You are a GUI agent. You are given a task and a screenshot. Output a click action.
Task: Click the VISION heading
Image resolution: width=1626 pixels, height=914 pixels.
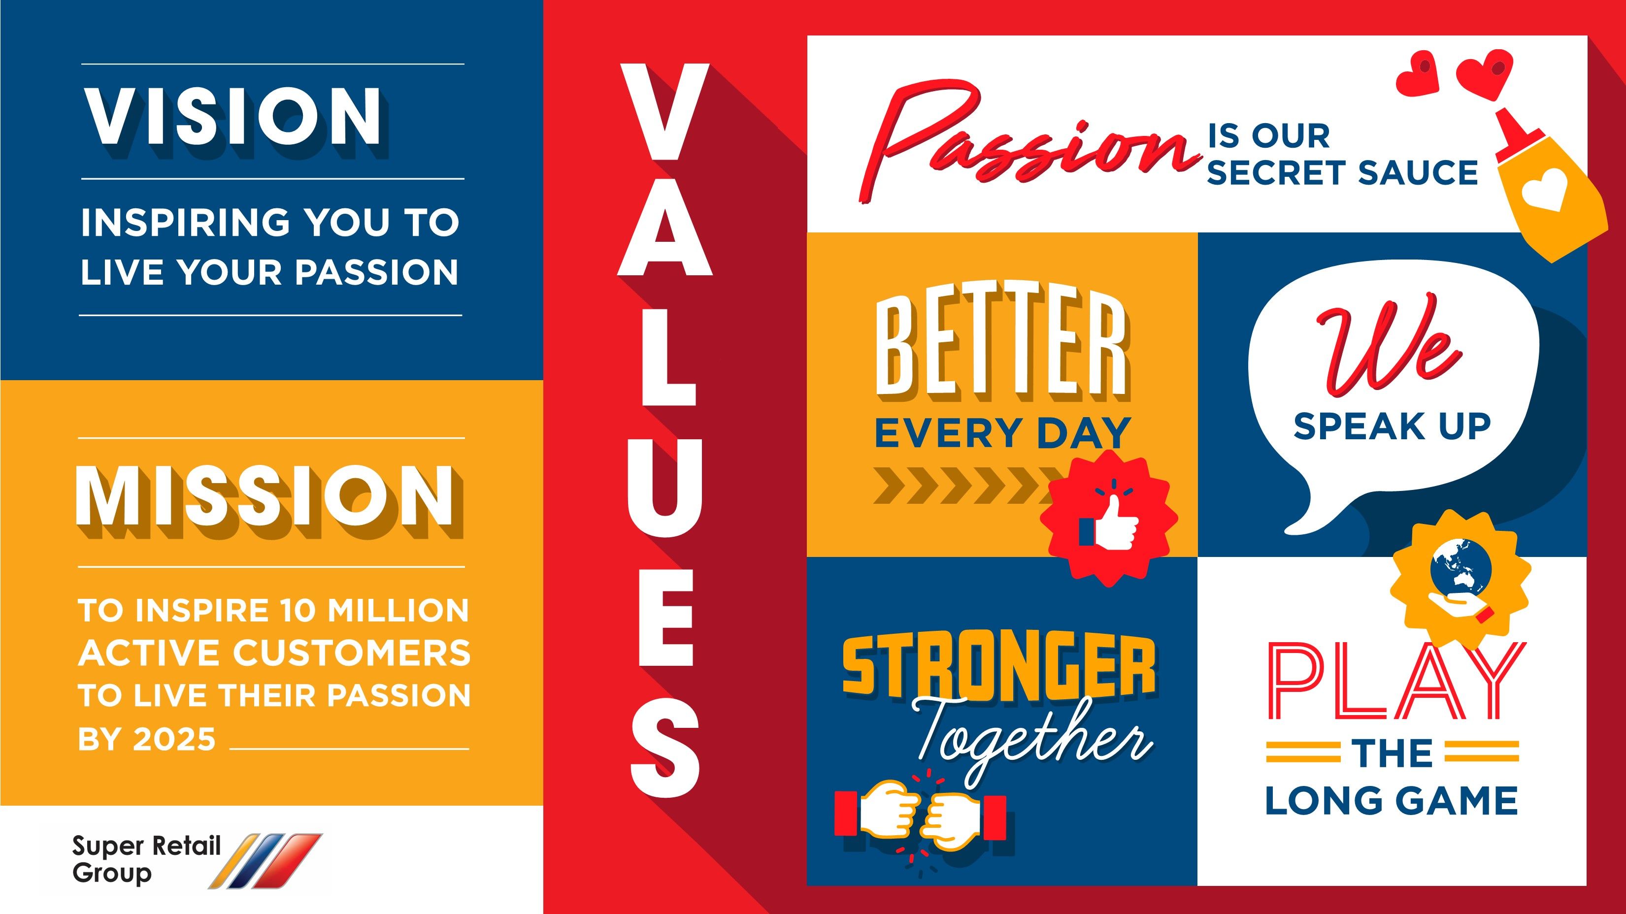(233, 117)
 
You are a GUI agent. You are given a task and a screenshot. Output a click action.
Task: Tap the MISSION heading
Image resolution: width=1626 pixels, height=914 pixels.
(265, 497)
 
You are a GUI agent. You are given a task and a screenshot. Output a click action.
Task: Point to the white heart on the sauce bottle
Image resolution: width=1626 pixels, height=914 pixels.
(1544, 189)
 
